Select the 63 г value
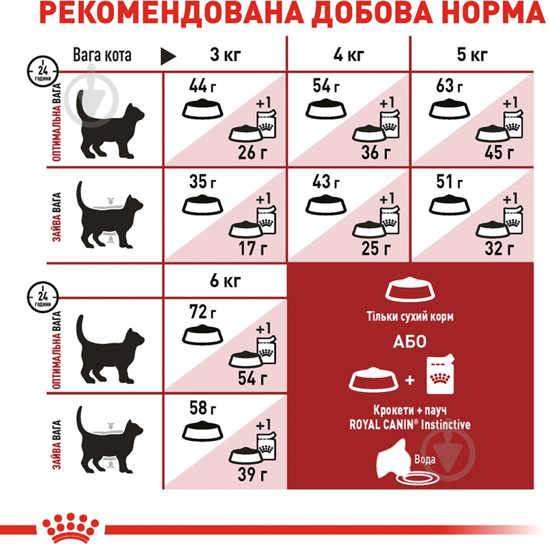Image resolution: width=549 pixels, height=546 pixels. pyautogui.click(x=447, y=87)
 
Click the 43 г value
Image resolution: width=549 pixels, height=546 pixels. pyautogui.click(x=324, y=183)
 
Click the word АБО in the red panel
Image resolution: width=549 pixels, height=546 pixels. pyautogui.click(x=410, y=342)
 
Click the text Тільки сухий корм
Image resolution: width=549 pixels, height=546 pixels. pyautogui.click(x=410, y=317)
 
